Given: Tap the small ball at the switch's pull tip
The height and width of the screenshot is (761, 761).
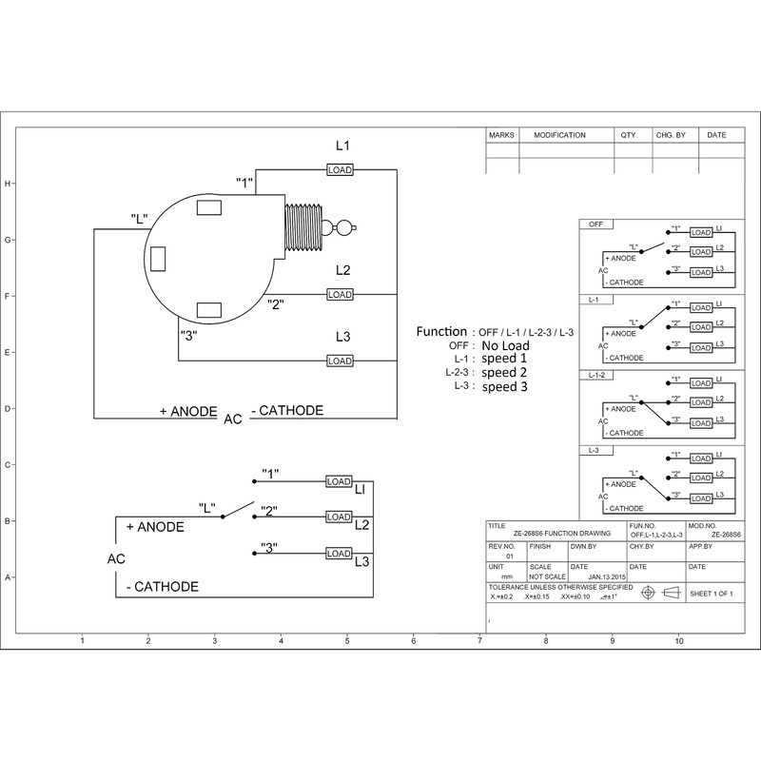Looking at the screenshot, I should (x=344, y=226).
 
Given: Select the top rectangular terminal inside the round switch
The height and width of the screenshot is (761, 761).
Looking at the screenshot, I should (x=208, y=207).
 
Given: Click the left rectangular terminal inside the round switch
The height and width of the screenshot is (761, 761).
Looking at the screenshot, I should (x=159, y=258).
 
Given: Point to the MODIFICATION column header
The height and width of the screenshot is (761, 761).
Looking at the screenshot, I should (x=559, y=136).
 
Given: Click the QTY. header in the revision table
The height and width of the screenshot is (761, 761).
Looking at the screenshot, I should (x=629, y=136).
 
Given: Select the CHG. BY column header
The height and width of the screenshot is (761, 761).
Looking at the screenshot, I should (x=671, y=136).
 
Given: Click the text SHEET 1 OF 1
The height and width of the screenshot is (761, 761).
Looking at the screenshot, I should (x=712, y=593).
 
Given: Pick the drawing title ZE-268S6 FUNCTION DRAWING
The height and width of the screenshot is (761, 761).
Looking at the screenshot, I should (x=556, y=536).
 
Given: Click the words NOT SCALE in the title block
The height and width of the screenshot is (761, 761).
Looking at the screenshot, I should (x=547, y=576).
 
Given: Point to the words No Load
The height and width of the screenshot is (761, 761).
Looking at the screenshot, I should (x=504, y=345).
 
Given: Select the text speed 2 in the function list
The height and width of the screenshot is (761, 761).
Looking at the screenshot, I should (x=504, y=373).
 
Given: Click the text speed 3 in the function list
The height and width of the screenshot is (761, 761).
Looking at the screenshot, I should (x=504, y=387).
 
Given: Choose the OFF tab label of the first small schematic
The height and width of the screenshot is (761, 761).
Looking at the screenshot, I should (x=596, y=224).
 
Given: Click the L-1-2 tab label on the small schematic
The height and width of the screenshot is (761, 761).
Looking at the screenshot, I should (x=599, y=376).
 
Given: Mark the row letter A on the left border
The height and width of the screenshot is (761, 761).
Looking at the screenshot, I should (x=9, y=577).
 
